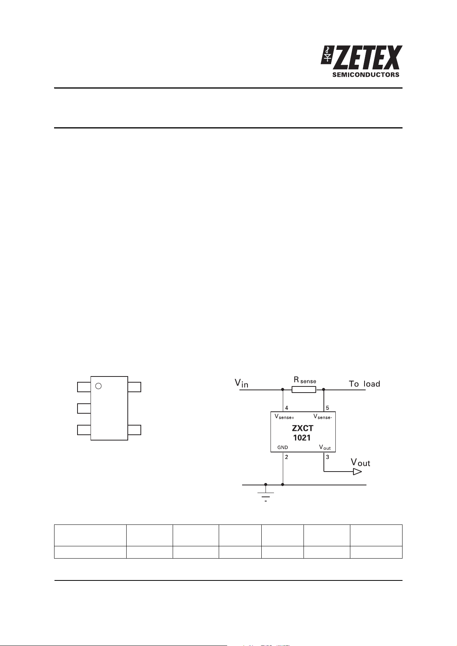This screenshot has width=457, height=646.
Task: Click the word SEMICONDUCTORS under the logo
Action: tap(366, 75)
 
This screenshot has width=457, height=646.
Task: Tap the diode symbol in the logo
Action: tap(327, 55)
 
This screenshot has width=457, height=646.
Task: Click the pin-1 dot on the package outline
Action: tap(99, 386)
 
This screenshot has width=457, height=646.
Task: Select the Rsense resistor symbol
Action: tap(304, 390)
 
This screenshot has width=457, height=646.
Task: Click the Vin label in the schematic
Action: tap(241, 383)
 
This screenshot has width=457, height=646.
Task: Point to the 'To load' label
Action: tap(364, 384)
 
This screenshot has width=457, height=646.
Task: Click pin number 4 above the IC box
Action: tap(286, 408)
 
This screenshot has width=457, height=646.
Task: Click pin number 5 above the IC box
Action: tap(327, 408)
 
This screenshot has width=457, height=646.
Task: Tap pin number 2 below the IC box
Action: tap(286, 457)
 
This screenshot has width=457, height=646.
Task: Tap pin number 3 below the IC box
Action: tap(327, 457)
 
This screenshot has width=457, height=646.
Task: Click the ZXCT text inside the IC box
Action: tap(302, 428)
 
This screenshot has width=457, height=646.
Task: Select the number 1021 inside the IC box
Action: tap(302, 438)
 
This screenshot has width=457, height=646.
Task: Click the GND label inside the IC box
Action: tap(283, 447)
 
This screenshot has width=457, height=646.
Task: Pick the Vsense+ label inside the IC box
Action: tap(284, 417)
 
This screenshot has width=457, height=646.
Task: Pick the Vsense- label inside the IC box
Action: tap(323, 417)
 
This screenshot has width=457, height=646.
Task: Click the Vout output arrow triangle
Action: tap(357, 472)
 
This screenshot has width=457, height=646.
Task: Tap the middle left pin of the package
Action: tap(84, 408)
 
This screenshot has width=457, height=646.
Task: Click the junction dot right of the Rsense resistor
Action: tap(323, 390)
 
